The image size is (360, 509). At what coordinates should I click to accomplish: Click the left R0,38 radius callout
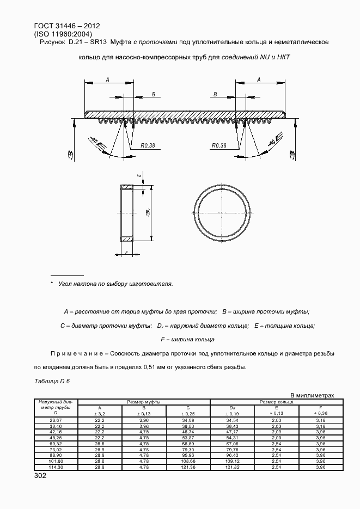(147, 145)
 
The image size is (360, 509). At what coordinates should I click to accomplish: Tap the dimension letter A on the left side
(107, 79)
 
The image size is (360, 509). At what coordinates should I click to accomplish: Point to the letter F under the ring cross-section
(126, 253)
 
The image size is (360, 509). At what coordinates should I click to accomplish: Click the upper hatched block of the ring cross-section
(126, 188)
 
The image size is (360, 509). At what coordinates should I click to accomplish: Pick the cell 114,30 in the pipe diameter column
(56, 467)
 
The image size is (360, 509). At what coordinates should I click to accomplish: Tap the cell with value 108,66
(188, 462)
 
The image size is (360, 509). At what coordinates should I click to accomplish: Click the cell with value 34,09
(188, 420)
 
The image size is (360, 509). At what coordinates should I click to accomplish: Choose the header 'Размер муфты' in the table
(144, 401)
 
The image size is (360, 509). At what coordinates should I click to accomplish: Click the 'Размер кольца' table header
(276, 401)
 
